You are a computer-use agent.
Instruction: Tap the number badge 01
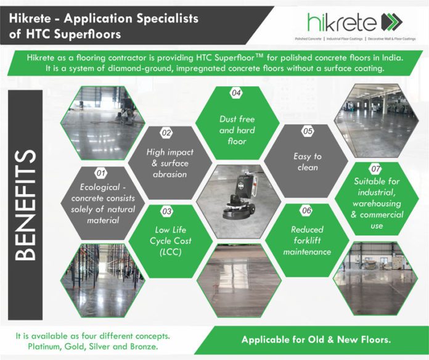(x=102, y=174)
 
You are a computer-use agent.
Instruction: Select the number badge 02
(x=166, y=133)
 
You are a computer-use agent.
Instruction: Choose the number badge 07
(x=375, y=168)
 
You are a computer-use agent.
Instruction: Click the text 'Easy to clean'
(x=308, y=162)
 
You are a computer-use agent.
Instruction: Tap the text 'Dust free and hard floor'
(x=237, y=129)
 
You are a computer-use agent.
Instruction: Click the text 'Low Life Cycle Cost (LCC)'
(x=166, y=240)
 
